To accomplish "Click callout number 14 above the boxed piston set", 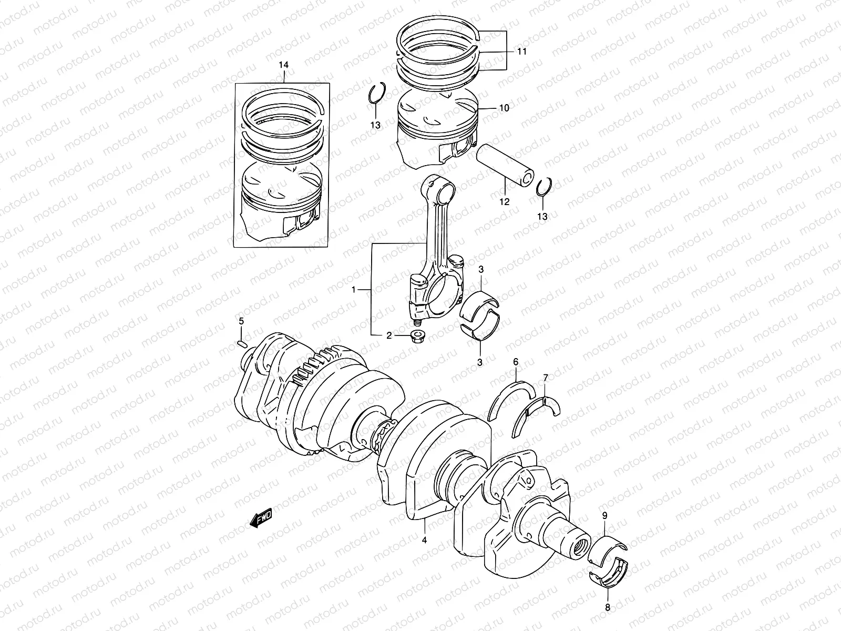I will tap(283, 65).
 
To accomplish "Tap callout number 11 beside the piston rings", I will tap(521, 52).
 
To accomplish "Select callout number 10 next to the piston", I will tap(504, 108).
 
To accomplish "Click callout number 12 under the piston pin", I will tap(505, 201).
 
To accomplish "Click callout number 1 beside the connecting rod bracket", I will tap(354, 289).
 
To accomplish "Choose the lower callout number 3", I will tap(479, 362).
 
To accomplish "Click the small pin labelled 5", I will tap(242, 344).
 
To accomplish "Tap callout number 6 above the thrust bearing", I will tap(516, 362).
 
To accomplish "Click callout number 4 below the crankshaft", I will tap(424, 540).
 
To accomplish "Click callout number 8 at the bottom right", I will tap(609, 606).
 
